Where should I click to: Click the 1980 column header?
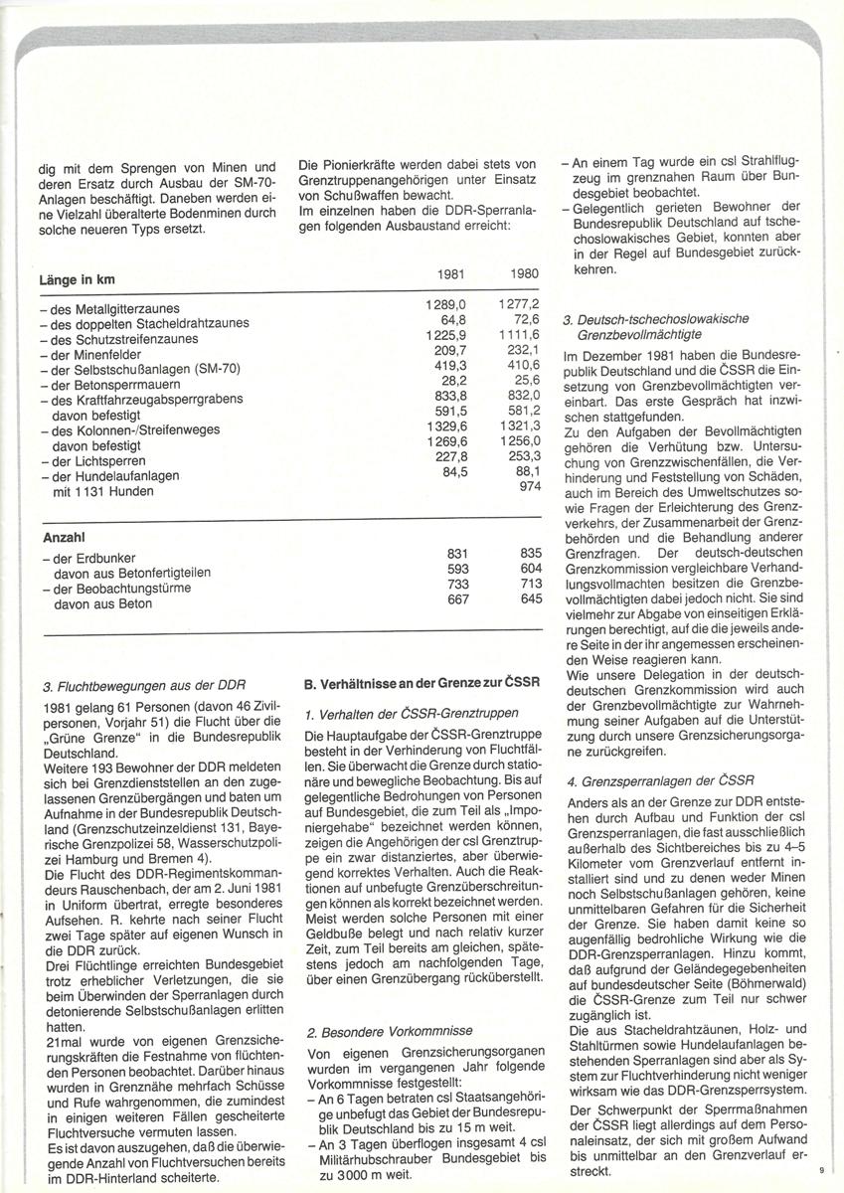click(524, 273)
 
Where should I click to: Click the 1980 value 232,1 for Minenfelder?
click(521, 351)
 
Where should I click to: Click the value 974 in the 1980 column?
click(527, 487)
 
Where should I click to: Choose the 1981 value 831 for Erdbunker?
click(455, 554)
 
